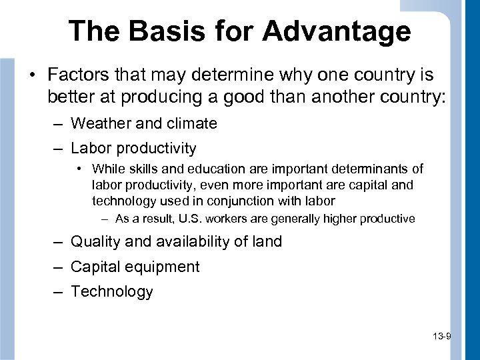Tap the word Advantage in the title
click(x=336, y=31)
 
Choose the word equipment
click(x=163, y=267)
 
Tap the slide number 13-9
click(x=441, y=337)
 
